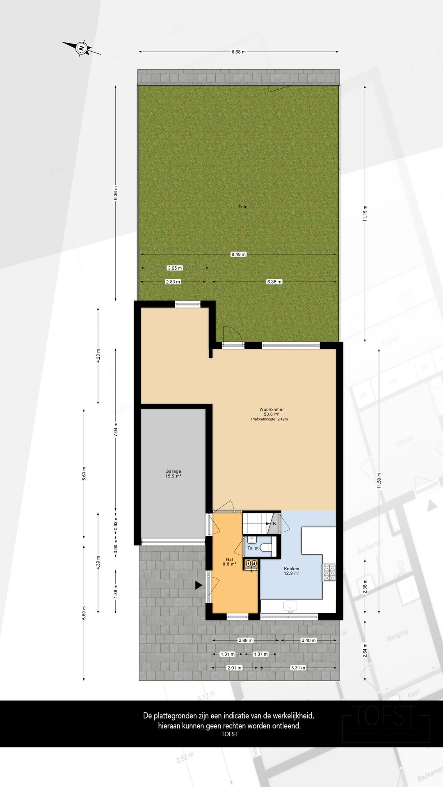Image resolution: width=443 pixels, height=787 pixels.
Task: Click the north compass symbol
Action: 82,48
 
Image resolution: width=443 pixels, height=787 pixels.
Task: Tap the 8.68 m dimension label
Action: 238,52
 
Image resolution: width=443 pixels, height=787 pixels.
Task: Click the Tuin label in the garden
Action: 243,207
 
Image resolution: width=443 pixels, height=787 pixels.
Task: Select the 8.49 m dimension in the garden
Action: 238,254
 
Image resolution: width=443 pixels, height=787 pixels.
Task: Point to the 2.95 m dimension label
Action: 175,268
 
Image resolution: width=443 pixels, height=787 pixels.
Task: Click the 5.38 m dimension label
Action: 274,282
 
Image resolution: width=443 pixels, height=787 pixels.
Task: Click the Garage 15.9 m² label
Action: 173,474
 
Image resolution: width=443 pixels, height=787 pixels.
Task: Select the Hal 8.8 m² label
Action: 229,562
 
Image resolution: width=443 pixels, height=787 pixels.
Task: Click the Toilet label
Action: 253,548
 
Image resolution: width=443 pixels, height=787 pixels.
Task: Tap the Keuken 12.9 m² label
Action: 291,571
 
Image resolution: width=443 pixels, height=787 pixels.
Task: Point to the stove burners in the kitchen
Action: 329,573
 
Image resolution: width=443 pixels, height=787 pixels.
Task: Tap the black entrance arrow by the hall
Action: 199,585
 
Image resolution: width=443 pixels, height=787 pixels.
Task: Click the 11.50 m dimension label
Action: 379,483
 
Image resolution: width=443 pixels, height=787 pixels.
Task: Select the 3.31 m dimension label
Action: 298,668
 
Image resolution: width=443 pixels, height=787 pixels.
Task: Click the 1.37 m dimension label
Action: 260,654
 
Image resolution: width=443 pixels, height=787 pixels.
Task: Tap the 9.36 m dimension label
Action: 116,193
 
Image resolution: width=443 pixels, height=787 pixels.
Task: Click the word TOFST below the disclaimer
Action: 229,734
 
